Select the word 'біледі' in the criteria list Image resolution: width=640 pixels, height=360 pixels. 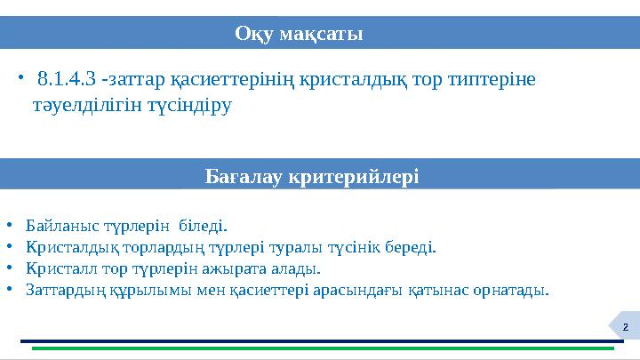[205, 226]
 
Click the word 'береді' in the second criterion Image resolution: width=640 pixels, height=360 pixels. [413, 247]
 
